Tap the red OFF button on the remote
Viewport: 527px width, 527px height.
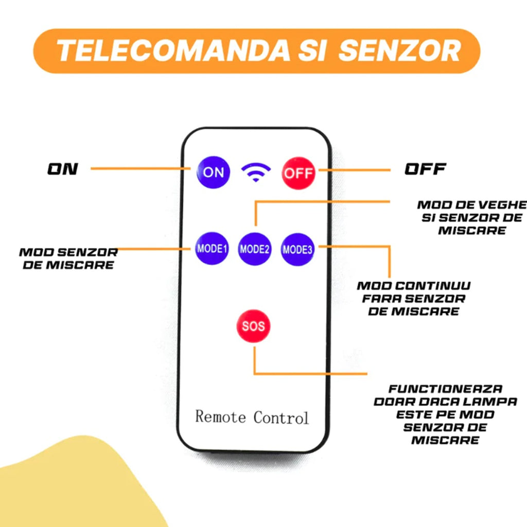tap(298, 173)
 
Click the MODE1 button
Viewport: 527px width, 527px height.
tap(212, 249)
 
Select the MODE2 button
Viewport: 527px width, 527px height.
tap(254, 249)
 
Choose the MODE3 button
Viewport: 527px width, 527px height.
tap(297, 250)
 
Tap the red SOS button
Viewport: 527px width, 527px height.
tap(253, 326)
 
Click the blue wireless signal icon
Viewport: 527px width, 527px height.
tap(256, 172)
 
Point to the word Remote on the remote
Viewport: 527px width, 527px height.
tap(220, 417)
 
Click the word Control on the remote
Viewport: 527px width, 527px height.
tap(281, 418)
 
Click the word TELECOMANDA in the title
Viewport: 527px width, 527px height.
tap(173, 50)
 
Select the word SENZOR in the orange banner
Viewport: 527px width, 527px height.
tap(399, 50)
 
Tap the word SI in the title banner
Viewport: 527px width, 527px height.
tap(312, 50)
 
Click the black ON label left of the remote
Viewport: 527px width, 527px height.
tap(62, 169)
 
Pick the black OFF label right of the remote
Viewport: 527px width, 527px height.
tap(425, 169)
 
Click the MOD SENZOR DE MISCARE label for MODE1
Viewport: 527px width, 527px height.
tap(68, 258)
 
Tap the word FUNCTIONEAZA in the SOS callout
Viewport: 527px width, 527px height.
tap(445, 389)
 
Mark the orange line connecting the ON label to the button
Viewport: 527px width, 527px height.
tap(140, 168)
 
